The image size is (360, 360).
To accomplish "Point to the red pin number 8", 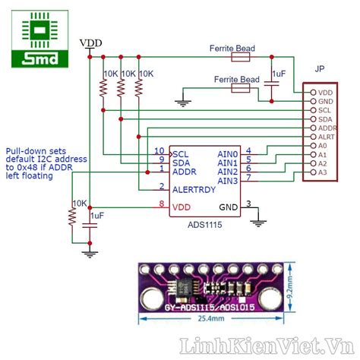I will tap(161, 204).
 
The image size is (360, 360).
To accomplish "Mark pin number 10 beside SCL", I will tap(159, 150).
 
